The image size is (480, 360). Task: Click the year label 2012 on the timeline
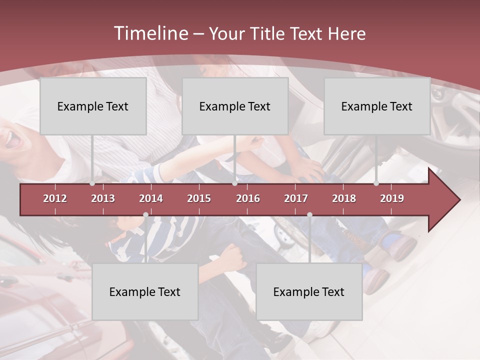click(55, 198)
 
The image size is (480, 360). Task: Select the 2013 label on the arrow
click(103, 198)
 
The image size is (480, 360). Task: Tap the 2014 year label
click(151, 198)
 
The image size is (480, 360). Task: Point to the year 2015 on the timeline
click(199, 198)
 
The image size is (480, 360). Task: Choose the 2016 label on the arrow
click(248, 198)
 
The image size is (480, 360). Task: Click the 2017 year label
click(296, 198)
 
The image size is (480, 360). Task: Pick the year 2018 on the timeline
click(344, 198)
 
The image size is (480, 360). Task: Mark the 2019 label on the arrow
click(392, 198)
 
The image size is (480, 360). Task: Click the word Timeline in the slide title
click(150, 33)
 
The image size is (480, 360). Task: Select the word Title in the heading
click(268, 34)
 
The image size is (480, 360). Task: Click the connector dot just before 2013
click(92, 183)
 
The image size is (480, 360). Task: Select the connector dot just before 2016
click(234, 183)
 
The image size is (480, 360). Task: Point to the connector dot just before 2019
click(376, 183)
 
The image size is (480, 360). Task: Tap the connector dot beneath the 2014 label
click(145, 215)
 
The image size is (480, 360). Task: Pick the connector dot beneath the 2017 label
click(309, 215)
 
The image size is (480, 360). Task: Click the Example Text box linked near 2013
click(93, 106)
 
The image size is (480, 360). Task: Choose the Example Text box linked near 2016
click(235, 106)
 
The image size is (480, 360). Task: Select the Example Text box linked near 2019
click(377, 106)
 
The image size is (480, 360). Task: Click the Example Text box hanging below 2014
click(145, 291)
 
